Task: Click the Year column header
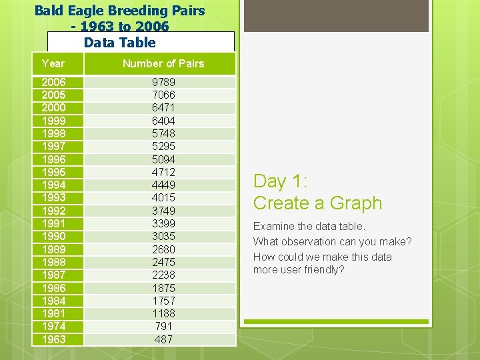[x=53, y=63]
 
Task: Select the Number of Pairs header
[x=163, y=63]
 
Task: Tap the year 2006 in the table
[x=53, y=82]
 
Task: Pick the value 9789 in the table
[x=163, y=82]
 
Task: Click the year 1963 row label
[x=53, y=339]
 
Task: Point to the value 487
[x=163, y=339]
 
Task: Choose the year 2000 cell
[x=53, y=108]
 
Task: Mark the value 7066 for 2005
[x=163, y=95]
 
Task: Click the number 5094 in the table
[x=163, y=159]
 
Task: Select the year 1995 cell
[x=53, y=172]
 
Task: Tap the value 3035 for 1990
[x=163, y=236]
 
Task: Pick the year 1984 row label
[x=53, y=301]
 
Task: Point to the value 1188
[x=163, y=313]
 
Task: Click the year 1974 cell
[x=53, y=326]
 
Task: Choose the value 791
[x=163, y=326]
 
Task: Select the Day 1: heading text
[x=279, y=181]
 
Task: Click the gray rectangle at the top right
[x=336, y=16]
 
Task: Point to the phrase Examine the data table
[x=309, y=227]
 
